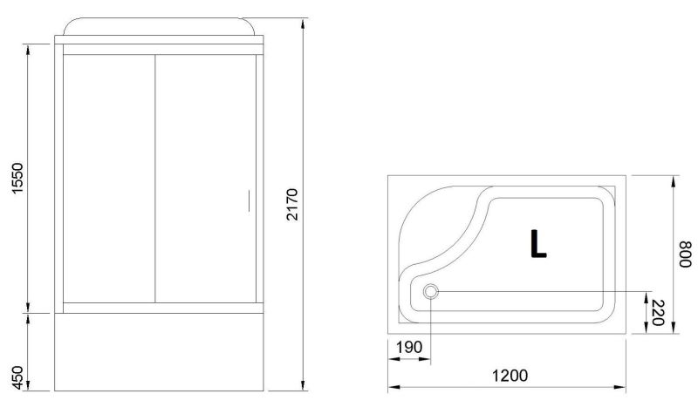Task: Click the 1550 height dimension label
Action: coord(17,178)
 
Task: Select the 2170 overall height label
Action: coord(292,205)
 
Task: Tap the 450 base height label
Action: coord(17,377)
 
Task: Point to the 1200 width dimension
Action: coord(510,376)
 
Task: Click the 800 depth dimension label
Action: coord(686,254)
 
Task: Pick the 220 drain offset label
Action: coord(658,313)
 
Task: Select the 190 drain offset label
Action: coord(408,347)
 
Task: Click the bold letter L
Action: coord(537,243)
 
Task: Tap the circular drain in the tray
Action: coord(430,292)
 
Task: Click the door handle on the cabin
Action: coord(249,200)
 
